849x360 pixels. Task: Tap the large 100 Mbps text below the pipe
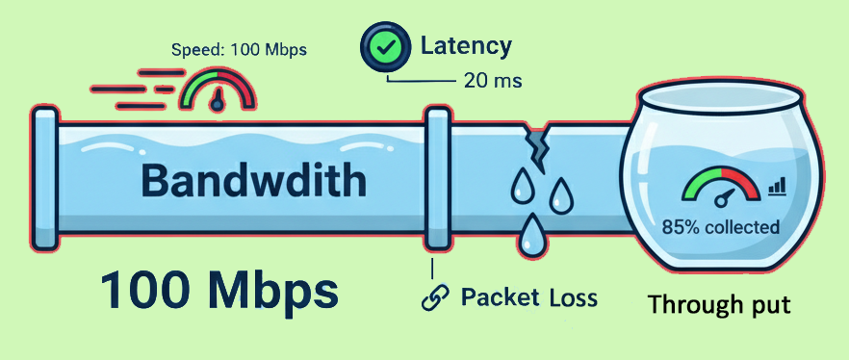(220, 290)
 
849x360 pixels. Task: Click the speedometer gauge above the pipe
(219, 90)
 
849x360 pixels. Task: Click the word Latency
(466, 44)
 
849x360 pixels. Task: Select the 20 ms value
(492, 81)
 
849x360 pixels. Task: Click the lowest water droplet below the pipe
(530, 237)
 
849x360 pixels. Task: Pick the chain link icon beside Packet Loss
(435, 297)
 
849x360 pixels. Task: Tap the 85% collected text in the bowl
(721, 228)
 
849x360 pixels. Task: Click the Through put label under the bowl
(719, 306)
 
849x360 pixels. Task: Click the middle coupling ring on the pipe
(438, 179)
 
